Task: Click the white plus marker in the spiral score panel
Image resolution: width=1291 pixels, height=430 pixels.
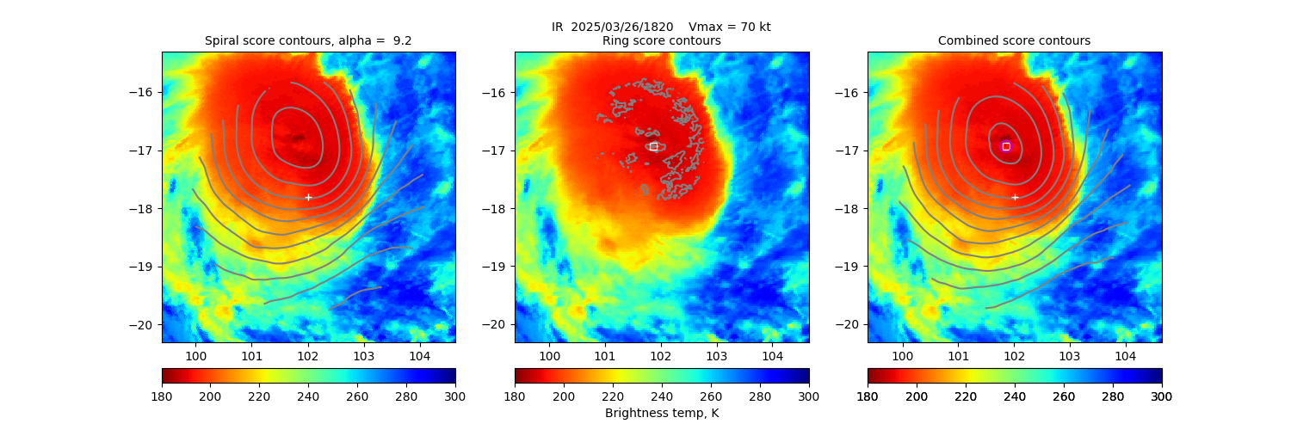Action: click(x=308, y=197)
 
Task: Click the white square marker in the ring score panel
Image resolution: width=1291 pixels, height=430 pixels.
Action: click(x=653, y=146)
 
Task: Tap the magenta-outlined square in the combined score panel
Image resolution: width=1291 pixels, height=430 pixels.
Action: click(x=1006, y=146)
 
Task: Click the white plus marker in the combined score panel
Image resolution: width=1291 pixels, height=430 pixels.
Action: click(x=1015, y=197)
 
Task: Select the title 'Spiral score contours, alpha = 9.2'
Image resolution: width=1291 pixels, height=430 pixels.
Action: click(x=308, y=40)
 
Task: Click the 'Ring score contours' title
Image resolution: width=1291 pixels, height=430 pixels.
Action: click(x=661, y=40)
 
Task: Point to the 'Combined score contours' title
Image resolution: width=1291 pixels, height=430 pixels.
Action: click(x=1014, y=40)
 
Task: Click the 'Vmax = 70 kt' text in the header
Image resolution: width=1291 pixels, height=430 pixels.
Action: click(x=730, y=27)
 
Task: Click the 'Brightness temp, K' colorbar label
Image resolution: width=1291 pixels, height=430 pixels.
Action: click(x=661, y=414)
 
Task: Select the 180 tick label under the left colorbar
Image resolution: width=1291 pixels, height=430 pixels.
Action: click(x=162, y=396)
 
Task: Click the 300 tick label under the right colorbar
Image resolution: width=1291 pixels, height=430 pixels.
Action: click(x=1162, y=396)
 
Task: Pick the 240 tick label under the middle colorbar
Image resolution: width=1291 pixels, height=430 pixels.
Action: click(x=662, y=396)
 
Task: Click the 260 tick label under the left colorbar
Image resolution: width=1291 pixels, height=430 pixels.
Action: click(x=357, y=396)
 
